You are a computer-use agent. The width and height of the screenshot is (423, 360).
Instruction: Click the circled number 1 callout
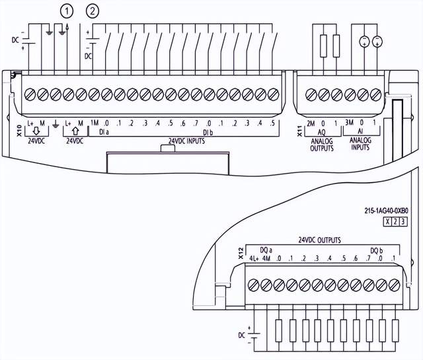pos(65,10)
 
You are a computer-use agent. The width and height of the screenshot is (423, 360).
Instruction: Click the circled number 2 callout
pos(94,10)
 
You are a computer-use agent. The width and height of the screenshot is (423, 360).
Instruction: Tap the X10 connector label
pos(19,129)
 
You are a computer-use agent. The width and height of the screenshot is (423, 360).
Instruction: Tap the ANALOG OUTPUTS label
pos(323,144)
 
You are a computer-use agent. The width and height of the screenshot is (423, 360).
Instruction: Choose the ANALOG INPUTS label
pos(361,144)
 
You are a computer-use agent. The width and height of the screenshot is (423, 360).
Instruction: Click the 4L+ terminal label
pos(252,258)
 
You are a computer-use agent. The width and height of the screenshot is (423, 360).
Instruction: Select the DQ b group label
pos(377,250)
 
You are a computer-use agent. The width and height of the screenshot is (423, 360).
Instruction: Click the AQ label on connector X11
pos(322,132)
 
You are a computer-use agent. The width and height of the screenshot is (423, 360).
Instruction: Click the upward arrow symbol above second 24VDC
pos(73,131)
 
